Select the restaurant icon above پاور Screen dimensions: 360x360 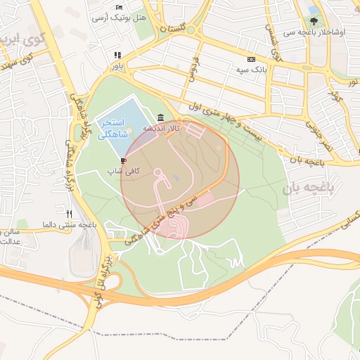click(117, 55)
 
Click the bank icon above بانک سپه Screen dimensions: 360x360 click(251, 60)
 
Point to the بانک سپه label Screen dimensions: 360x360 click(251, 70)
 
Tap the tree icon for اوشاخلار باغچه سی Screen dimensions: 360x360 click(313, 20)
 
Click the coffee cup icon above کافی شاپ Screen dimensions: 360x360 click(124, 161)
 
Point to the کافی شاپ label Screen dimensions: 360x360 click(124, 172)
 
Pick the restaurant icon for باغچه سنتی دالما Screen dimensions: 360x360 click(68, 213)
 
